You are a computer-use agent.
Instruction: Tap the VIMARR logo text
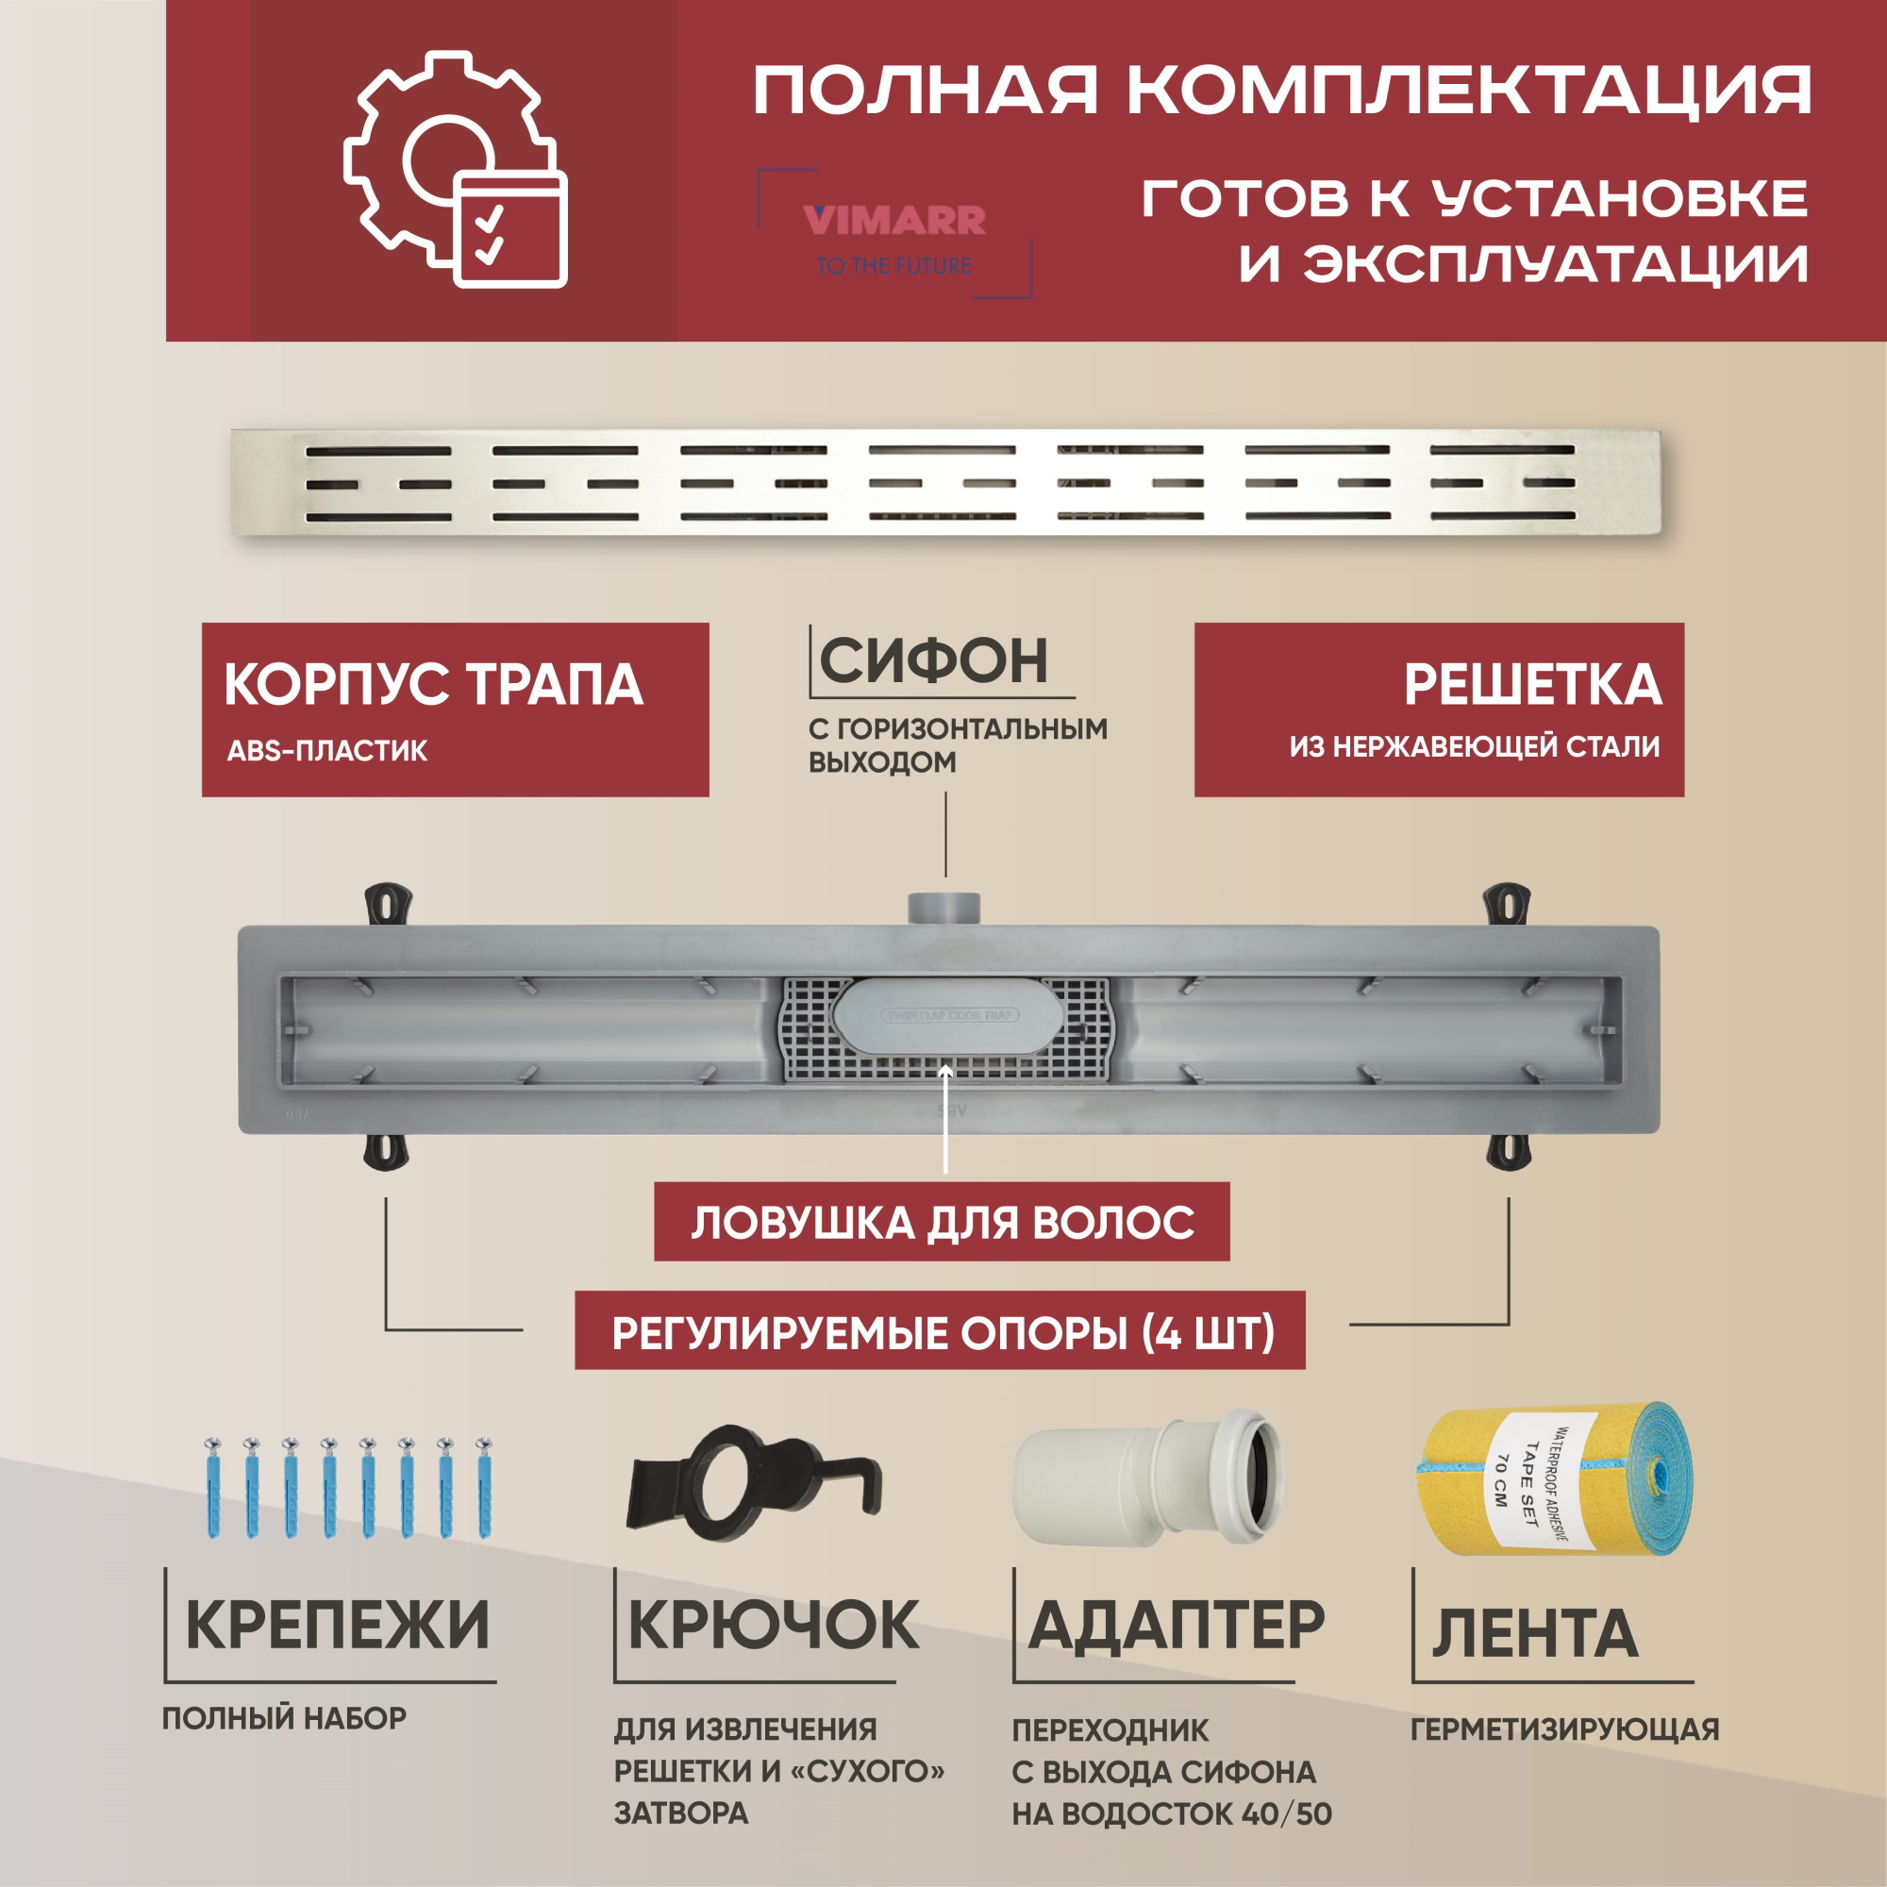[893, 221]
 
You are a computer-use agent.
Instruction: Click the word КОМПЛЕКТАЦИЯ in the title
[1469, 92]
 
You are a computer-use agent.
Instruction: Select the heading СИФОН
[934, 661]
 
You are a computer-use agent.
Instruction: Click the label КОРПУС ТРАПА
[433, 685]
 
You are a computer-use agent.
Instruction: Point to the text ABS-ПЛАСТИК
[327, 751]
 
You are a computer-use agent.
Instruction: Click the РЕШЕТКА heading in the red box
[1531, 685]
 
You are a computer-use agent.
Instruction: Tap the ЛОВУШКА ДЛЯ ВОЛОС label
[942, 1223]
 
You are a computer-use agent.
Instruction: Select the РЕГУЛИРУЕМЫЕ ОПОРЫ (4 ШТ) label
[942, 1333]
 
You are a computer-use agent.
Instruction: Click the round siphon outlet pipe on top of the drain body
[943, 908]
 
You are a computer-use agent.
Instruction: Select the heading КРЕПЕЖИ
[337, 1626]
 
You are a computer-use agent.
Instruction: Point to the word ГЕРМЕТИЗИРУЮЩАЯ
[1564, 1729]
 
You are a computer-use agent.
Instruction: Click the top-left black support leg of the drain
[388, 905]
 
